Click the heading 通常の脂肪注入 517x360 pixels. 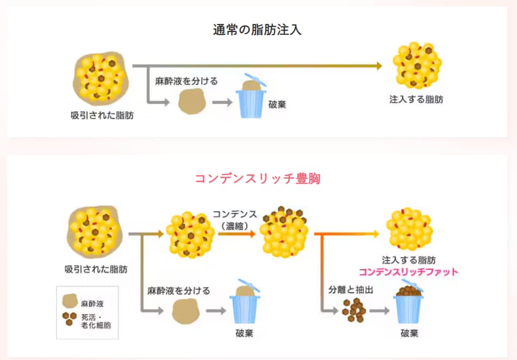257,30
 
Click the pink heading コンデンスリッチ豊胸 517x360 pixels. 258,179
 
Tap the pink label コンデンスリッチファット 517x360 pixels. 408,271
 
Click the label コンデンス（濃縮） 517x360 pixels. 235,220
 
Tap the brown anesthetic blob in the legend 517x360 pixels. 70,301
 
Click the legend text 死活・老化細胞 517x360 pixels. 96,321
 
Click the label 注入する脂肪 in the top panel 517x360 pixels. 416,100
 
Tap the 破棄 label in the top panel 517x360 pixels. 277,104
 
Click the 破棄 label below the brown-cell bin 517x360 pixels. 409,333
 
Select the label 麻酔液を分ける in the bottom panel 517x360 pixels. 178,290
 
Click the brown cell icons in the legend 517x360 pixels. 70,318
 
